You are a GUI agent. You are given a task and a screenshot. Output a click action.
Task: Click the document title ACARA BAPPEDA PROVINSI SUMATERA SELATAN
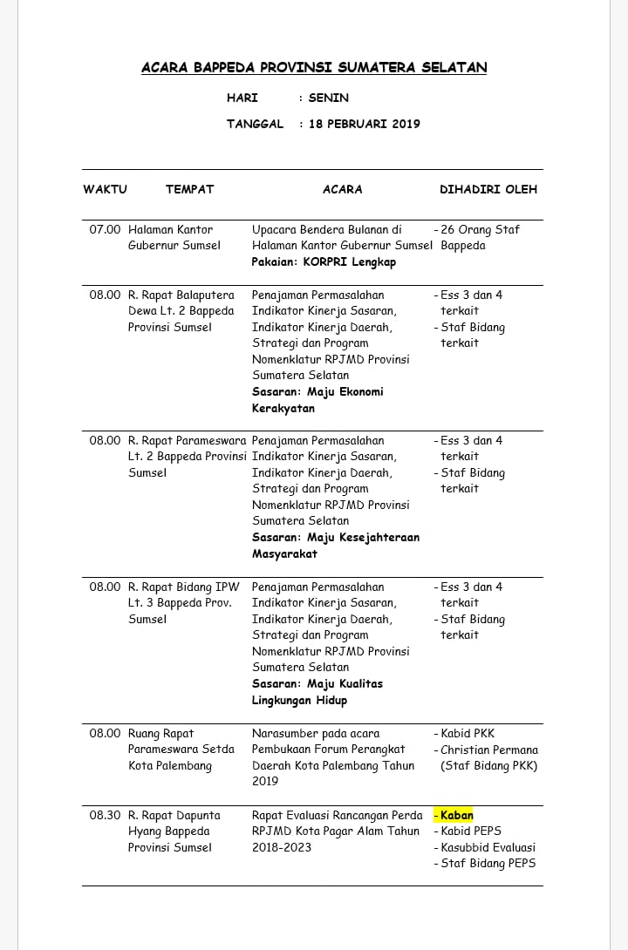tap(314, 67)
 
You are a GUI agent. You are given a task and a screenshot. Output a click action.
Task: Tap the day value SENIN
tap(329, 98)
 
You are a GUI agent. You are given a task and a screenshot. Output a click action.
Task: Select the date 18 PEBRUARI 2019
tap(365, 124)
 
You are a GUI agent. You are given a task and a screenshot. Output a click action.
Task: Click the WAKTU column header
tap(105, 189)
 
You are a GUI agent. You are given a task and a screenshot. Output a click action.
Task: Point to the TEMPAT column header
tap(189, 189)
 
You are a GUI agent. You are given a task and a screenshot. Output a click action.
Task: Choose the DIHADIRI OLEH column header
tap(488, 189)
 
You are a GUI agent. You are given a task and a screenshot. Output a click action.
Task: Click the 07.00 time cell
tap(105, 230)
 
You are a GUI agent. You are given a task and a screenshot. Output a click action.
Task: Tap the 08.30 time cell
tap(105, 816)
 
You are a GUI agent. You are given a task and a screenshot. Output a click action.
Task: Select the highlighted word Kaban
tap(456, 816)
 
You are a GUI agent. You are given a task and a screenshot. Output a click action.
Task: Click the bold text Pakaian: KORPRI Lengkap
tap(324, 261)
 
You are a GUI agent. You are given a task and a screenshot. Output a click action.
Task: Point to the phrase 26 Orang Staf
tap(480, 230)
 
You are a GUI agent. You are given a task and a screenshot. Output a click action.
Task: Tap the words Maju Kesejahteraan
tap(363, 538)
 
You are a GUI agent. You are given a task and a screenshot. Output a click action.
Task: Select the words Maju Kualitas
tap(345, 684)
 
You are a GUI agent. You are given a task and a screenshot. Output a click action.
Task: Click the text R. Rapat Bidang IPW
tap(183, 587)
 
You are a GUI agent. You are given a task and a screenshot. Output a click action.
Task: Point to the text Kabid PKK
tap(468, 734)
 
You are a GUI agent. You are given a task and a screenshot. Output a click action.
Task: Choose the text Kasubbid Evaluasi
tap(488, 847)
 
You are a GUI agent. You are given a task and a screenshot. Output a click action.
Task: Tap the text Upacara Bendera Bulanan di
tap(326, 230)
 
